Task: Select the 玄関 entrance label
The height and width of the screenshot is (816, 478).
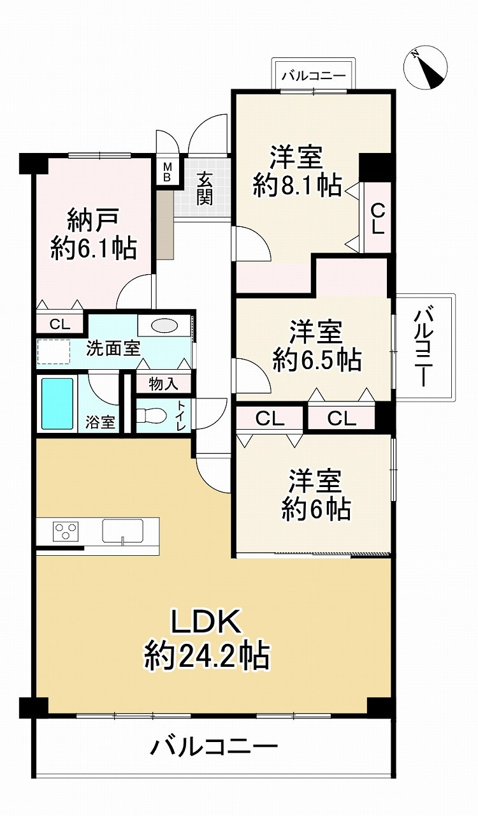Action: point(204,189)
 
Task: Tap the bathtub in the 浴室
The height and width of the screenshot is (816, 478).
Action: point(57,404)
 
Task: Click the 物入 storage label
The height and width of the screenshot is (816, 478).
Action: point(163,384)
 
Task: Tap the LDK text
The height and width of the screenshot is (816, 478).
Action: point(205,622)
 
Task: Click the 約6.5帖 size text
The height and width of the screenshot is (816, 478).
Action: point(317,361)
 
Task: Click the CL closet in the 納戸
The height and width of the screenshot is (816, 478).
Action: point(60,324)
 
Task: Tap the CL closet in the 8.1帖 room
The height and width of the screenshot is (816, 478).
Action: point(377,219)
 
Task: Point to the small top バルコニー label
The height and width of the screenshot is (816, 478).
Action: point(314,76)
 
